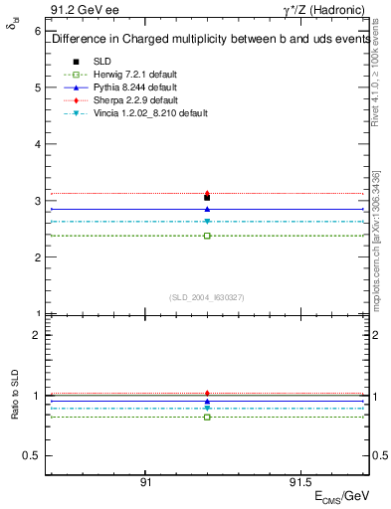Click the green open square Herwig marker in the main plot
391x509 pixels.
click(207, 236)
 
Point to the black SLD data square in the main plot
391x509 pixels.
click(207, 198)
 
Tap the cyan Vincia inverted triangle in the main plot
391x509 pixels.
click(207, 222)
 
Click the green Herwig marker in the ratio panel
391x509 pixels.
click(207, 417)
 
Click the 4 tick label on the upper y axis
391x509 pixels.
click(37, 144)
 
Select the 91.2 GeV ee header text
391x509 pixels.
click(81, 11)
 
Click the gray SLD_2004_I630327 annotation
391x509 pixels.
click(207, 296)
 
